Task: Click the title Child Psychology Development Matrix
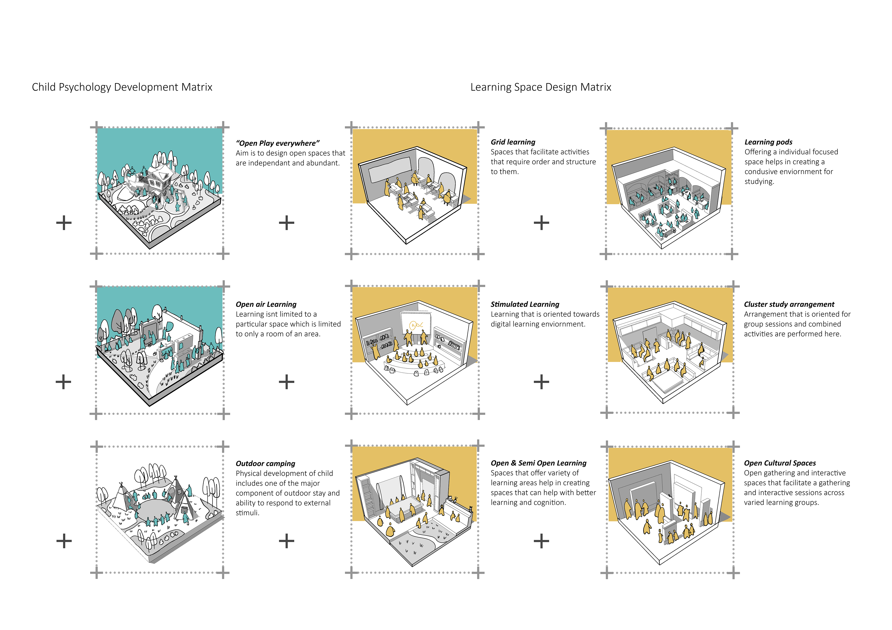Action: tap(122, 87)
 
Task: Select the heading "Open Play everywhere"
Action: tap(277, 143)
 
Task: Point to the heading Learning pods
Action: tap(768, 142)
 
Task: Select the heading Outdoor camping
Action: tap(265, 463)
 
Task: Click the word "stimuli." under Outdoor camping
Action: tap(247, 513)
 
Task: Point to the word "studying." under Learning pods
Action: tap(759, 182)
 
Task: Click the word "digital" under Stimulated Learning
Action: tap(502, 324)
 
